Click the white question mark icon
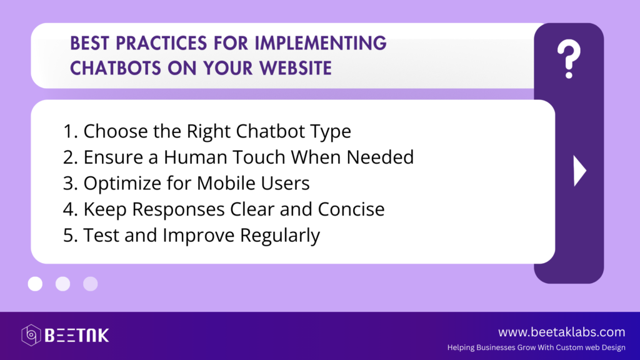(569, 59)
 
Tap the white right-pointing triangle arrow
(579, 171)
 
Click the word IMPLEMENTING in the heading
(321, 43)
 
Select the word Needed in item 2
(380, 157)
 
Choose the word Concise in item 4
(351, 209)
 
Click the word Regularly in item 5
(279, 236)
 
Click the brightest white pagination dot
(35, 284)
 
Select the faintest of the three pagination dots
(90, 284)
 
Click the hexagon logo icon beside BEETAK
(31, 335)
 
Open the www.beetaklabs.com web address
(562, 332)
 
